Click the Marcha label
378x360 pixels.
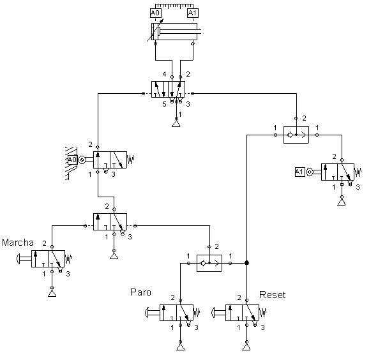click(17, 243)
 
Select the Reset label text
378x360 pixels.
click(273, 295)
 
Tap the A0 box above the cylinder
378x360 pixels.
click(156, 13)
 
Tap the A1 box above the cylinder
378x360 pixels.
click(192, 13)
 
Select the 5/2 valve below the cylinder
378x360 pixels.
click(169, 89)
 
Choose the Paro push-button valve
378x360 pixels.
click(176, 313)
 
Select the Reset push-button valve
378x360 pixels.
click(242, 313)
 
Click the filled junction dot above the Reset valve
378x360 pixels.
click(246, 263)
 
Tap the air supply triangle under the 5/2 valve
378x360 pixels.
click(176, 123)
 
